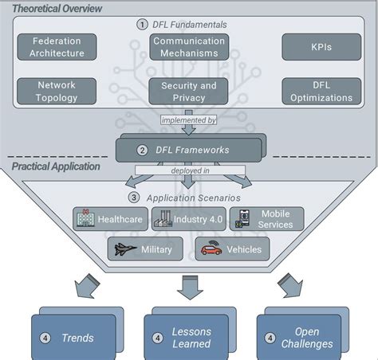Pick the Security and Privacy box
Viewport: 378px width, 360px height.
tap(188, 92)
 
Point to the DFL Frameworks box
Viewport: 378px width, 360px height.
tap(188, 150)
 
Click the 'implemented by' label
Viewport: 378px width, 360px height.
tap(189, 121)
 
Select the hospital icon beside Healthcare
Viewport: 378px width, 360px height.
tap(85, 218)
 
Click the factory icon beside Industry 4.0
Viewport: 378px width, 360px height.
tap(164, 218)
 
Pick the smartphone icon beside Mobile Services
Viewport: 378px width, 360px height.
tap(243, 219)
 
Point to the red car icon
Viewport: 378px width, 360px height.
tap(211, 248)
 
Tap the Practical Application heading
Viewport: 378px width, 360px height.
tap(55, 166)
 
